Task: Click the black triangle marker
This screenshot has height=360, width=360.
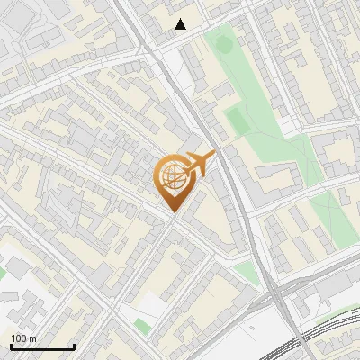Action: tap(181, 24)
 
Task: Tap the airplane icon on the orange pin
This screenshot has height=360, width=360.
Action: tap(198, 164)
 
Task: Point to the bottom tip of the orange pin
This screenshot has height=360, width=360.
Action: tap(172, 211)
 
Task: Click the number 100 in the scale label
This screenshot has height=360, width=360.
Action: tap(18, 338)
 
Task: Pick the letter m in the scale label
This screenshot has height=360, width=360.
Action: tap(32, 338)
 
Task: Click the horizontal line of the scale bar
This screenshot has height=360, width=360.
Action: tap(41, 347)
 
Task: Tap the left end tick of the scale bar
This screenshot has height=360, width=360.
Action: tap(11, 346)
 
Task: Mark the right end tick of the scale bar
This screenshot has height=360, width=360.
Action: tap(73, 346)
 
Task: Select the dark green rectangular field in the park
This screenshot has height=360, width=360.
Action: tap(237, 120)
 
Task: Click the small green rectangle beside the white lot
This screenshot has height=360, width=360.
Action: tap(140, 324)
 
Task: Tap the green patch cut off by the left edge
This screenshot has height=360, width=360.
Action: tap(3, 270)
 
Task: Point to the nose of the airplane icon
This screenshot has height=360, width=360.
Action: tap(214, 156)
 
